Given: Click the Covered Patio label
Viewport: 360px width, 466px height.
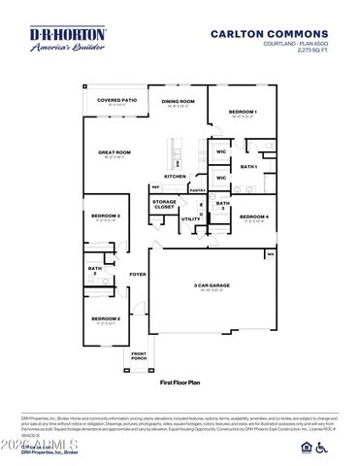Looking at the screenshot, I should [x=116, y=99].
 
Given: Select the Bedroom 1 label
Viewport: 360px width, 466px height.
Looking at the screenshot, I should [x=243, y=113].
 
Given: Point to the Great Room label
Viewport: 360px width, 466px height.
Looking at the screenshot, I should [x=114, y=152].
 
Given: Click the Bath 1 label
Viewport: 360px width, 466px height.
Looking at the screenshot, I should [x=247, y=166].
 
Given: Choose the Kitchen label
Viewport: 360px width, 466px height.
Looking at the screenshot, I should [x=175, y=176].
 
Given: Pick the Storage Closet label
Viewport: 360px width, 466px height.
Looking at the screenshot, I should [x=164, y=204].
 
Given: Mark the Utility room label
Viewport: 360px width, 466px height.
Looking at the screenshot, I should [x=190, y=218].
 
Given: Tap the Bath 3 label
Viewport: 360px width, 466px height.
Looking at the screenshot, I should [x=222, y=205].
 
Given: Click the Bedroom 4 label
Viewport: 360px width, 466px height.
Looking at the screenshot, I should [x=253, y=216].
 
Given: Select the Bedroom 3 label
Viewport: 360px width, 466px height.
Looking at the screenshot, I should [x=105, y=215].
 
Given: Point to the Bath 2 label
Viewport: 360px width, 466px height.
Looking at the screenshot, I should [x=95, y=271].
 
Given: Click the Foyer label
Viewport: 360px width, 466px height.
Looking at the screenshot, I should [x=138, y=275].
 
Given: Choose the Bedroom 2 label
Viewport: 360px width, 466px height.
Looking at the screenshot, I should [x=105, y=318].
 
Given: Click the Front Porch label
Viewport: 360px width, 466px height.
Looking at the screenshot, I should [x=139, y=355].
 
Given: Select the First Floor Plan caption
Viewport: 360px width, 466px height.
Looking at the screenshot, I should [x=180, y=383].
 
